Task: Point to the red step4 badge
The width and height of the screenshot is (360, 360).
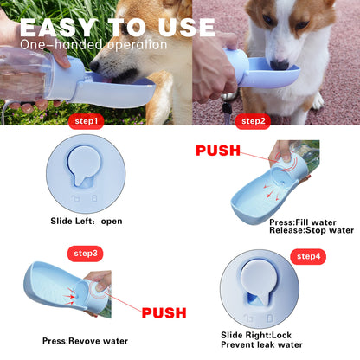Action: (311, 256)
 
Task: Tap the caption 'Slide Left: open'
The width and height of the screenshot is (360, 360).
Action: (87, 221)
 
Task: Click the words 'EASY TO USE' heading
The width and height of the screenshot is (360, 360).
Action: (117, 27)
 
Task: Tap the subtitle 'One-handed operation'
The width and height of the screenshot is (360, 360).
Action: (93, 44)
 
